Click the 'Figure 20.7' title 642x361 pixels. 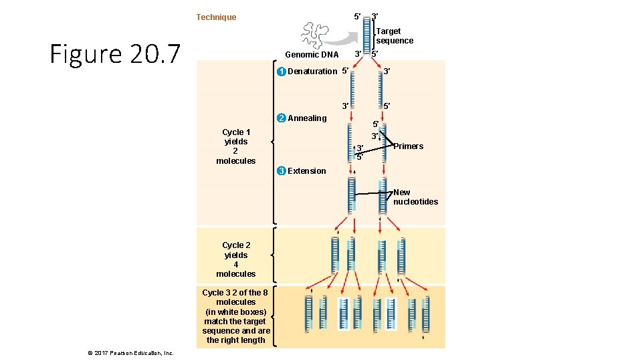click(115, 54)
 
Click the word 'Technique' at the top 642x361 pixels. click(216, 17)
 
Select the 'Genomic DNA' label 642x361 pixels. click(312, 55)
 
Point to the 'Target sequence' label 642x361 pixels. click(395, 36)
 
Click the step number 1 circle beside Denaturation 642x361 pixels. click(282, 72)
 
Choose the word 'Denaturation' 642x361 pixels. click(312, 72)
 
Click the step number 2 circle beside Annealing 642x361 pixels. click(282, 118)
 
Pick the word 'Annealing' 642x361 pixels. click(307, 118)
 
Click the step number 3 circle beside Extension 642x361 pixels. click(282, 171)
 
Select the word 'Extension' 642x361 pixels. click(307, 171)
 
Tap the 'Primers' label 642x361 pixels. click(408, 146)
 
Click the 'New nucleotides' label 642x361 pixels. click(415, 197)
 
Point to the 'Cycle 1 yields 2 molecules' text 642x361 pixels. click(235, 146)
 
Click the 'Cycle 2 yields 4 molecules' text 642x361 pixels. click(235, 259)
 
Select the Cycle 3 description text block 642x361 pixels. click(235, 316)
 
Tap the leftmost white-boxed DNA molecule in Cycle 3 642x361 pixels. click(343, 314)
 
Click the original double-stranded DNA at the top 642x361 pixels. click(366, 33)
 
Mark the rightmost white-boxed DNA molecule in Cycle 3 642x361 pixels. click(391, 314)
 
